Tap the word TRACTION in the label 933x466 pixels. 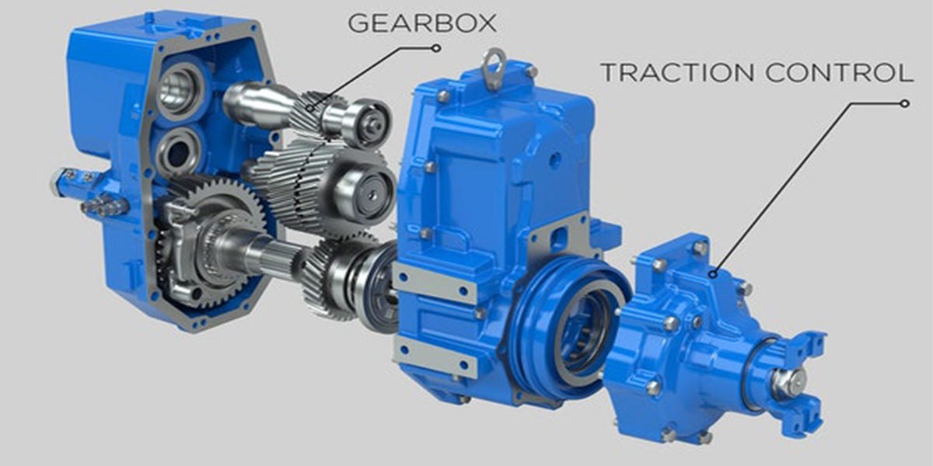point(669,73)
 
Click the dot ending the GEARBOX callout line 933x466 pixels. point(438,47)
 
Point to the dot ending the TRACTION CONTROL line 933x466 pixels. point(904,103)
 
